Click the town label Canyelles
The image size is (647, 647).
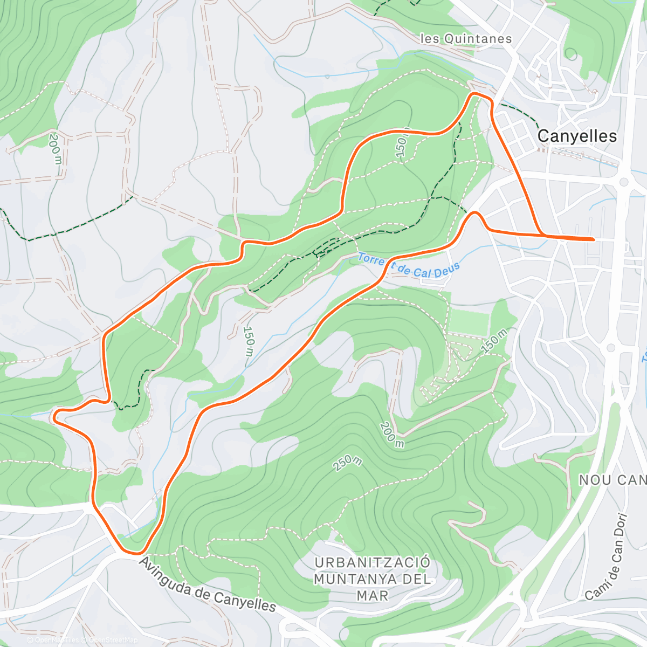577,136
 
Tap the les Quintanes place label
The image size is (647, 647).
466,39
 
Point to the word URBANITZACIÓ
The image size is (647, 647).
373,563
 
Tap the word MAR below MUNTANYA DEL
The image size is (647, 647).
372,596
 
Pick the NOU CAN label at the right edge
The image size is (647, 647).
612,480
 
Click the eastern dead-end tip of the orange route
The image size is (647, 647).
593,239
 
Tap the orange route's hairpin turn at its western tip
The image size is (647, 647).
54,415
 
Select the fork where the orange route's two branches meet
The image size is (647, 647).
541,235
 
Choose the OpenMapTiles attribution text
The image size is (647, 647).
56,640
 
